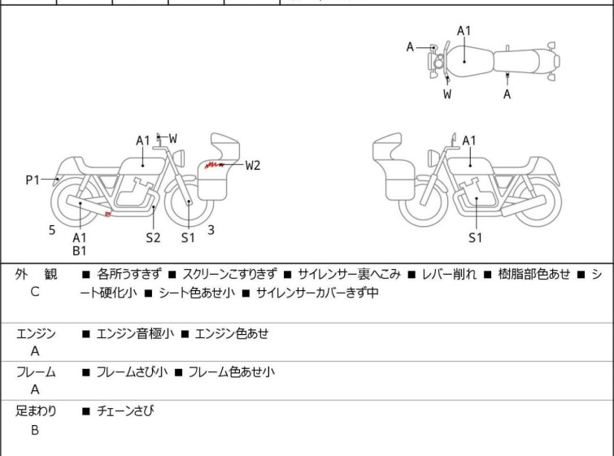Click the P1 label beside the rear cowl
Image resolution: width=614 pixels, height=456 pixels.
click(33, 180)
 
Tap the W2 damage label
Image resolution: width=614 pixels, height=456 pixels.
click(253, 165)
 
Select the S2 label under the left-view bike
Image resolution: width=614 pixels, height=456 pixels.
click(153, 237)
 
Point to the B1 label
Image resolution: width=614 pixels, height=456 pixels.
click(80, 251)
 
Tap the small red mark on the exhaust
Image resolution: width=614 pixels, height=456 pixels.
click(108, 215)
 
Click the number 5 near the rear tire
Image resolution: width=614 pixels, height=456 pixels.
click(52, 230)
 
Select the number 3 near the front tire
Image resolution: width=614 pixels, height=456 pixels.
click(211, 230)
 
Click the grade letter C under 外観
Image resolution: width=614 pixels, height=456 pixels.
click(34, 292)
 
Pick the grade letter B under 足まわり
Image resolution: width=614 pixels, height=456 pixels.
click(34, 430)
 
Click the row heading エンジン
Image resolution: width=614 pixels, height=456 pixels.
click(36, 333)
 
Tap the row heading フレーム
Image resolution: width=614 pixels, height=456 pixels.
click(36, 372)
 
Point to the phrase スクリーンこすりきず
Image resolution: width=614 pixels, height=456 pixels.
click(229, 274)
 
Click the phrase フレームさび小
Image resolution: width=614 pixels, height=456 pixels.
click(132, 372)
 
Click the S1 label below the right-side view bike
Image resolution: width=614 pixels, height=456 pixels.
click(476, 237)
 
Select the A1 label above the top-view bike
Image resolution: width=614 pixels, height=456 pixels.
click(464, 31)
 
